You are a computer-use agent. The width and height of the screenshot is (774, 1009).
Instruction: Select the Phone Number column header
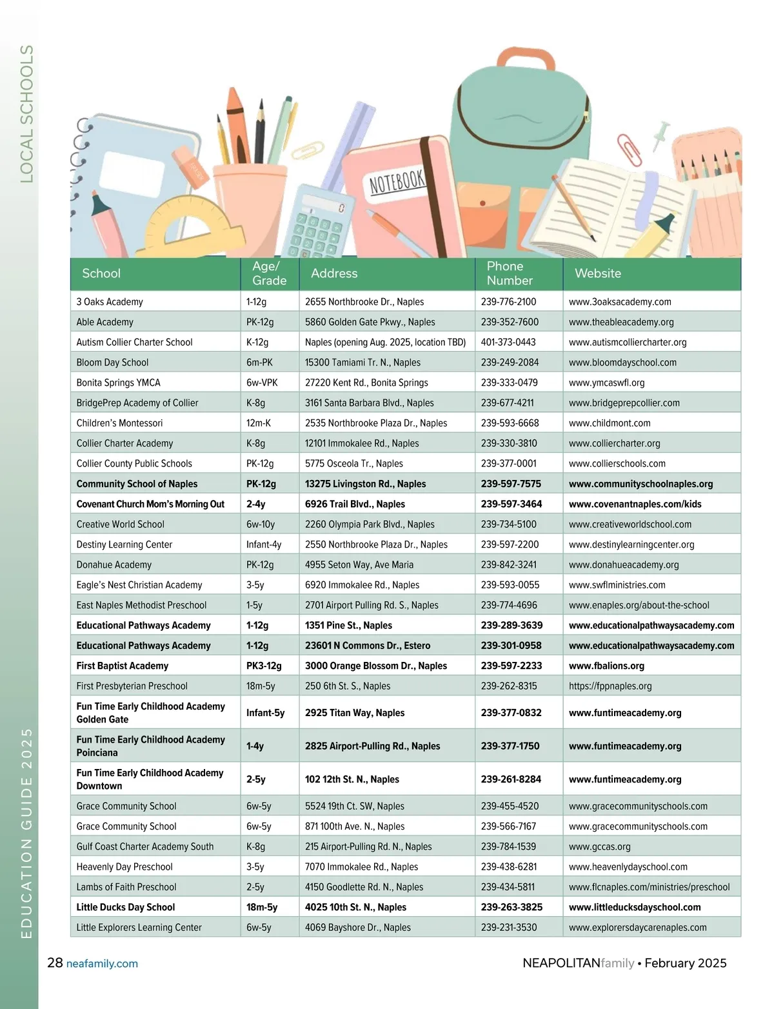click(x=510, y=274)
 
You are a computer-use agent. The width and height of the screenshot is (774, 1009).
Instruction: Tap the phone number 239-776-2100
click(x=508, y=302)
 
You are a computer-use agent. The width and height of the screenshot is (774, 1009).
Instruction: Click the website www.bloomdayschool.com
click(x=622, y=363)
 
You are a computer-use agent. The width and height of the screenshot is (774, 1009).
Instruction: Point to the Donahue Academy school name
click(x=114, y=564)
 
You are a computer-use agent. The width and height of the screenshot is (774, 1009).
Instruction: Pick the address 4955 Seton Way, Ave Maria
click(x=359, y=564)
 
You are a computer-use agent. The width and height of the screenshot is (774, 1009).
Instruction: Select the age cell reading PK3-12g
click(x=264, y=666)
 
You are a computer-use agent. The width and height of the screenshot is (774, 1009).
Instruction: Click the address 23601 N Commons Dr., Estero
click(x=368, y=645)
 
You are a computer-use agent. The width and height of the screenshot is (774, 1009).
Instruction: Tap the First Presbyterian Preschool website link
click(x=610, y=686)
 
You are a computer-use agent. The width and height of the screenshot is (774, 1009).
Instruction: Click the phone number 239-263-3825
click(x=511, y=907)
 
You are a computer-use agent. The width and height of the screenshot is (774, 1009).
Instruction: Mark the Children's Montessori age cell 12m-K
click(x=259, y=423)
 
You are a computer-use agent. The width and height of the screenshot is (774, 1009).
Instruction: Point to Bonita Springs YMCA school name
click(x=119, y=383)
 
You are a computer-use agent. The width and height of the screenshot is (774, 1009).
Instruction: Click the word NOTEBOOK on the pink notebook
click(x=397, y=182)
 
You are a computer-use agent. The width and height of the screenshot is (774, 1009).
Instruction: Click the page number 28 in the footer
click(x=55, y=963)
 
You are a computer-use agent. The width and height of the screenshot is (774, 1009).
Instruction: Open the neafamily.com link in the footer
click(x=102, y=964)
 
